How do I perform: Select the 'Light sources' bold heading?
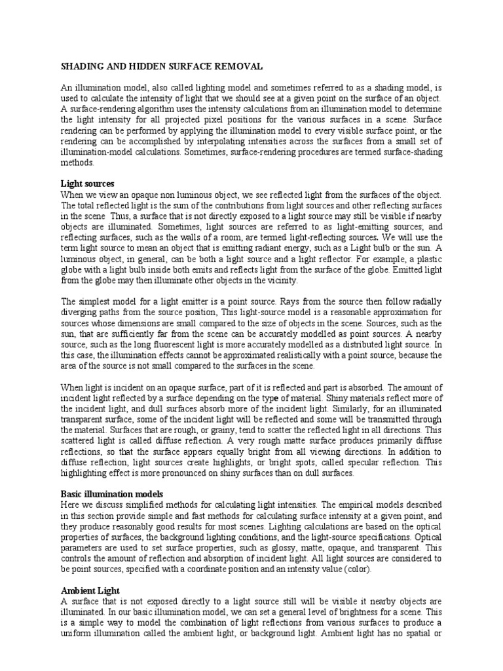[x=88, y=184]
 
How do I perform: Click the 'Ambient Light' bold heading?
[x=90, y=590]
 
